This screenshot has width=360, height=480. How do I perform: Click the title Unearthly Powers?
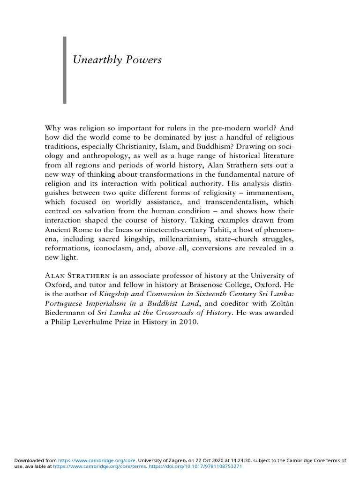[x=118, y=60]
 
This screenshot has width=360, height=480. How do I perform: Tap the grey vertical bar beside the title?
[x=65, y=70]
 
